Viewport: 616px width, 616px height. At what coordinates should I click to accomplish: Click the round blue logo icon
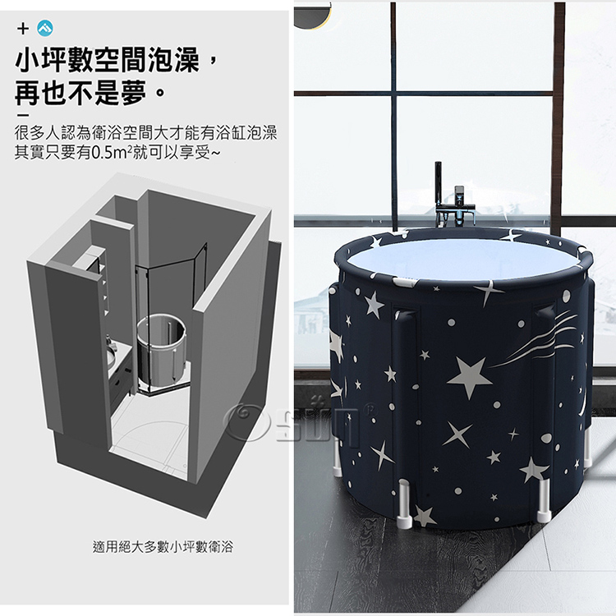coord(45,29)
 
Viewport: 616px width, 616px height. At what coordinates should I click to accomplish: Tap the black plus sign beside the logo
coord(23,29)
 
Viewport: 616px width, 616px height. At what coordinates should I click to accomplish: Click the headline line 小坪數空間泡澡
coord(108,60)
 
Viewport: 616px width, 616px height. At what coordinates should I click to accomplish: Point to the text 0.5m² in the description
coord(110,153)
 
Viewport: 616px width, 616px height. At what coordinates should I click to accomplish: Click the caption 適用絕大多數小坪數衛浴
coord(163,546)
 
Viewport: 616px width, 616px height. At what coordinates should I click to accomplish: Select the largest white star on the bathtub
coord(470,376)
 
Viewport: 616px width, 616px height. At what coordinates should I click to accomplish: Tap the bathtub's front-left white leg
coord(404,506)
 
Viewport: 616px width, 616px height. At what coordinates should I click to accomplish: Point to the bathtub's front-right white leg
coord(544,500)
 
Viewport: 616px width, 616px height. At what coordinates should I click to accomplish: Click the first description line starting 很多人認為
coord(145,133)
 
